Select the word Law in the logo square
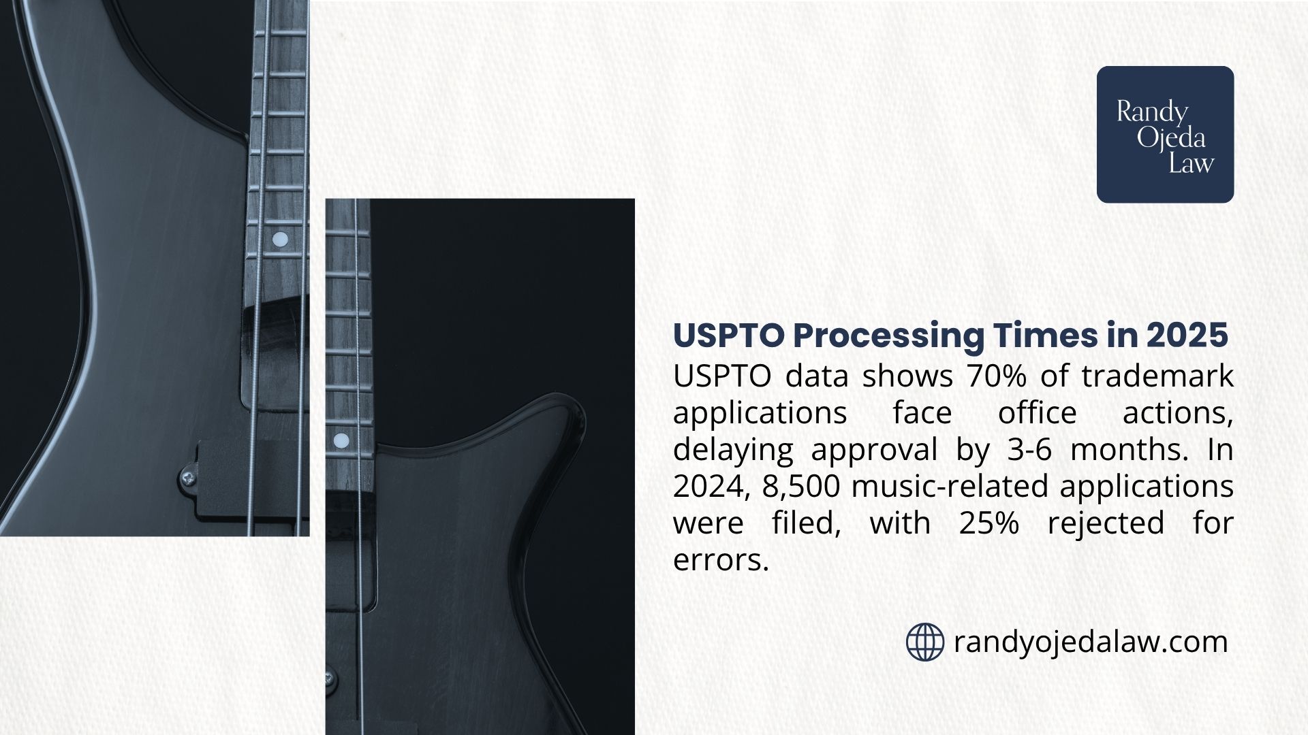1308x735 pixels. tap(1192, 163)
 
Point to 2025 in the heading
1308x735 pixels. tap(1187, 336)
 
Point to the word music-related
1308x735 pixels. tap(948, 487)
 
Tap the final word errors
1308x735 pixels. tap(720, 560)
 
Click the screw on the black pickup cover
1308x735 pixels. tap(189, 478)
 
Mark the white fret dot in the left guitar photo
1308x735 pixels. tap(279, 239)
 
